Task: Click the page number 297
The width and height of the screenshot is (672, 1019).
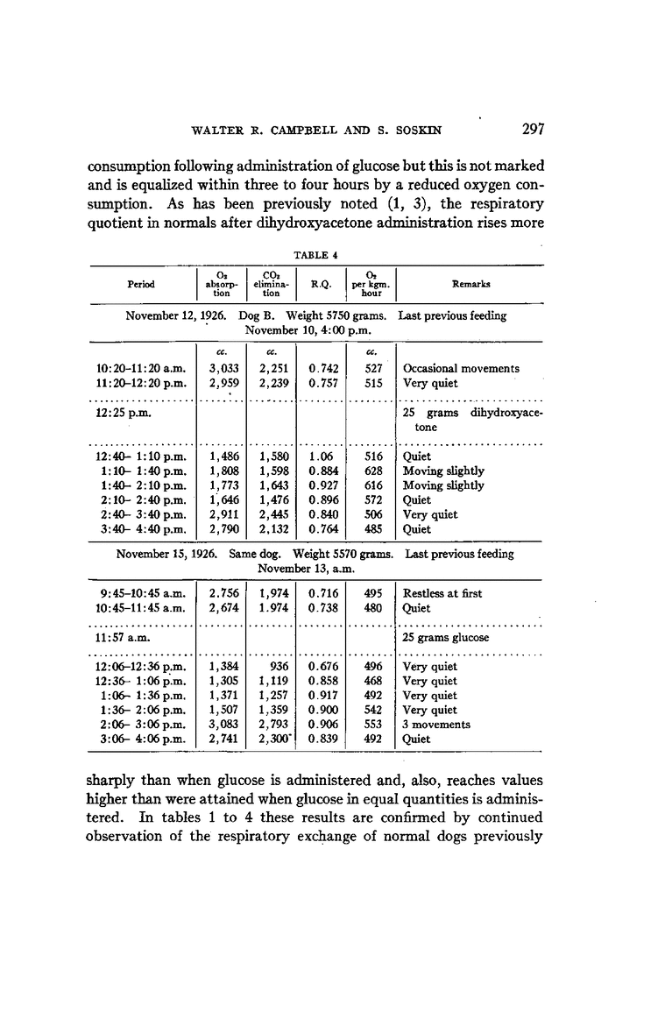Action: [534, 130]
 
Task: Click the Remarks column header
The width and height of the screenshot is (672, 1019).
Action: [470, 284]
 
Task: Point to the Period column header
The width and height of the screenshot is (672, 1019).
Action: [141, 284]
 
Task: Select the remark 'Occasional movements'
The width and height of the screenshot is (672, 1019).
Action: [461, 369]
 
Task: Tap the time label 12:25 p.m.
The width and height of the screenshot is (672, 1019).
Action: [122, 413]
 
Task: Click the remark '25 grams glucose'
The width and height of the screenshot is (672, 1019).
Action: [445, 637]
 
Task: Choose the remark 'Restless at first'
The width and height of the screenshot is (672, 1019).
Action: [442, 593]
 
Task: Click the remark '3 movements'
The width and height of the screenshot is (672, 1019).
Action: [436, 725]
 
